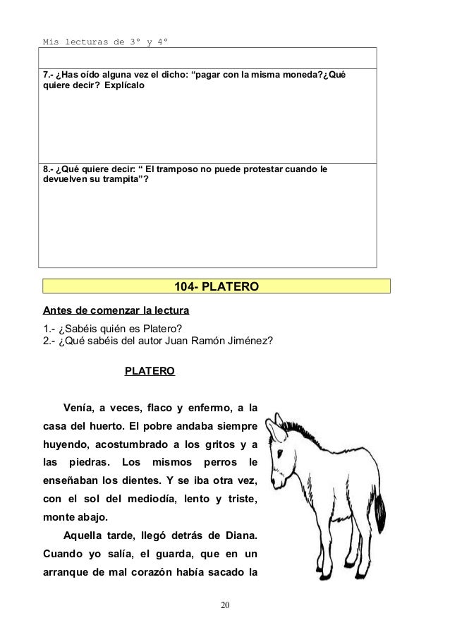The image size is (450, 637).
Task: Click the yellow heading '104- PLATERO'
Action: click(x=217, y=286)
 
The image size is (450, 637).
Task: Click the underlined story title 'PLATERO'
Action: click(x=150, y=370)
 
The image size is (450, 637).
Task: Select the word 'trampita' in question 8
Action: click(x=116, y=180)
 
